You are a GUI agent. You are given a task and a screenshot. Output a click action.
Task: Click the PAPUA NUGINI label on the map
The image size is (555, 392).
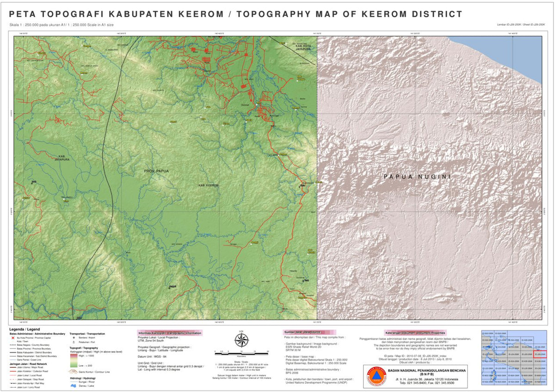[417, 177]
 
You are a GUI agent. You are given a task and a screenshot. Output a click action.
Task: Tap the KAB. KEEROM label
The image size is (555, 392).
[208, 185]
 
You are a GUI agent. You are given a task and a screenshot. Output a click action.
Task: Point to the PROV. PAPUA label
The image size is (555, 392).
[156, 171]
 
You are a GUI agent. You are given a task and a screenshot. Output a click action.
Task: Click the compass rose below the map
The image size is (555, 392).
[241, 341]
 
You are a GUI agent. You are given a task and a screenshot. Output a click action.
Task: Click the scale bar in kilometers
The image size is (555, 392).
[241, 353]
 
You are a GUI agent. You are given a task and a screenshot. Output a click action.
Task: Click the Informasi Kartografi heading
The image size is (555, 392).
[170, 333]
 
